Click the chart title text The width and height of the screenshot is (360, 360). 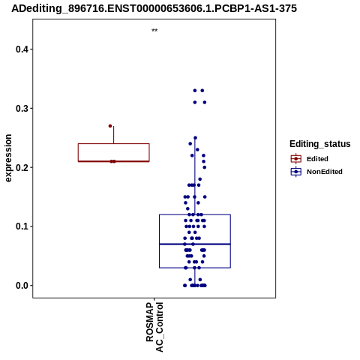point(154,8)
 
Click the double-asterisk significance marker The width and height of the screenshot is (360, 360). point(154,31)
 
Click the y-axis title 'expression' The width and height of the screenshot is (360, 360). point(8,158)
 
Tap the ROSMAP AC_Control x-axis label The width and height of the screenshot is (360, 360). point(154,327)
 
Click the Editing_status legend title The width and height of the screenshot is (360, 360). point(320,144)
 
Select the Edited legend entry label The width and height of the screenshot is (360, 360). point(317,159)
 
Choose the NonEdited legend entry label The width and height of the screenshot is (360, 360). point(325,172)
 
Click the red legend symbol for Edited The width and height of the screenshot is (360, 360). point(296,159)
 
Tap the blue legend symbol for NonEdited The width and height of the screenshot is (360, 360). point(296,172)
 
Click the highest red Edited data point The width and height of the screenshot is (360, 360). point(110,126)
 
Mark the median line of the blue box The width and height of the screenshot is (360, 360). point(195,244)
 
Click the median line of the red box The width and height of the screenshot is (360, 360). point(114,161)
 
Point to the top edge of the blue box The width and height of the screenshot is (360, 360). point(195,214)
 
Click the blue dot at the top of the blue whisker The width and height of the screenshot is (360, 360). point(195,138)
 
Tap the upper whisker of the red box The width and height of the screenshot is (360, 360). point(114,135)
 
